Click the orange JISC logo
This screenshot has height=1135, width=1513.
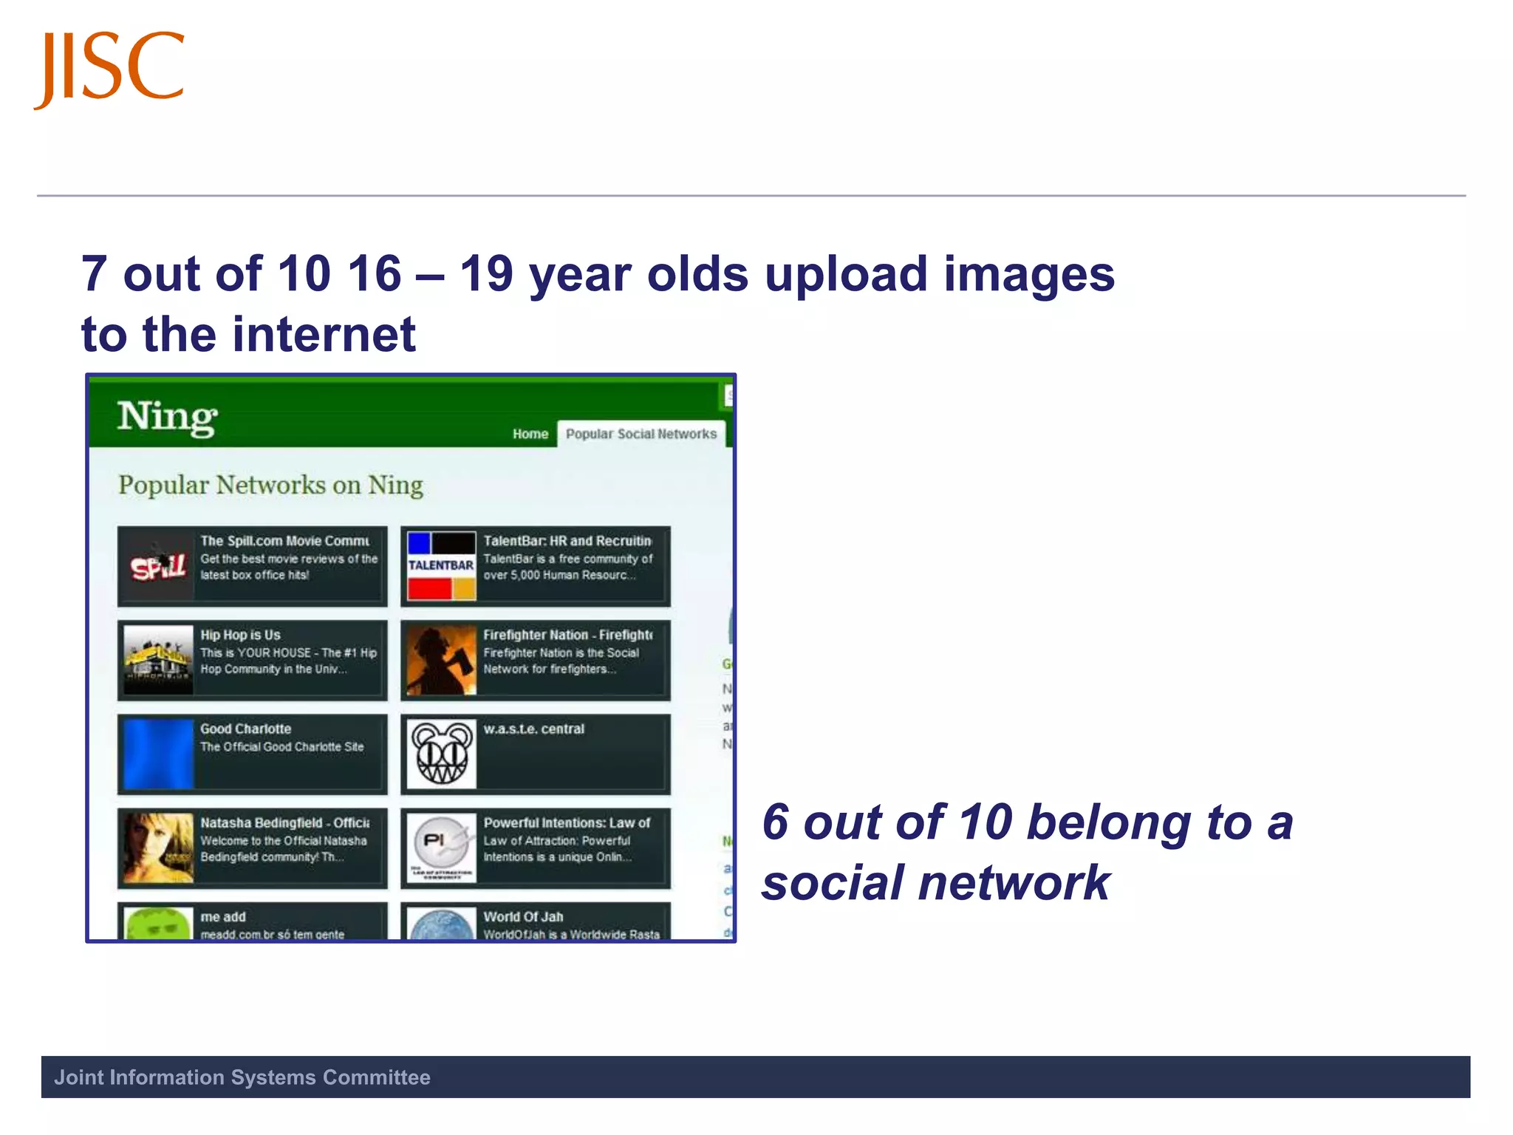pos(109,68)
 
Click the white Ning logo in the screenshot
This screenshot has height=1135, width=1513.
pos(167,417)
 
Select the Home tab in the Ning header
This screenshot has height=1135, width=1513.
pos(530,434)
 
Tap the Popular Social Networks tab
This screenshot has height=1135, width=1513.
pos(641,434)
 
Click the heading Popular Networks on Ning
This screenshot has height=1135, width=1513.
pos(270,485)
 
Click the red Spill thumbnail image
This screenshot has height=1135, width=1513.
pos(158,566)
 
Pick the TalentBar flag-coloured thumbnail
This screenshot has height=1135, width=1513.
pos(441,566)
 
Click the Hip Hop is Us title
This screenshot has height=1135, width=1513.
pos(240,635)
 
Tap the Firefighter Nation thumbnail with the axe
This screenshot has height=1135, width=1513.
pos(441,660)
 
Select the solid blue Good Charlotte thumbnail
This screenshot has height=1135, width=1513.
pos(158,754)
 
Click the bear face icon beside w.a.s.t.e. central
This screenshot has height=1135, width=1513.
pos(441,754)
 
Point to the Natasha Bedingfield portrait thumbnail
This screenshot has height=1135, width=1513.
pos(158,848)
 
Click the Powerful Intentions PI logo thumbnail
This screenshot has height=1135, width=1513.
pos(441,848)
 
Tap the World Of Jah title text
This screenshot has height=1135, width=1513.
pos(523,916)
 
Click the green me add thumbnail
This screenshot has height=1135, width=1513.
pos(158,924)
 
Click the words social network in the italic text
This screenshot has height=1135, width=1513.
pos(935,883)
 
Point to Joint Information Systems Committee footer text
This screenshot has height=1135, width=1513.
pos(242,1077)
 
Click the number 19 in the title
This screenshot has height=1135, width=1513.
pos(486,274)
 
